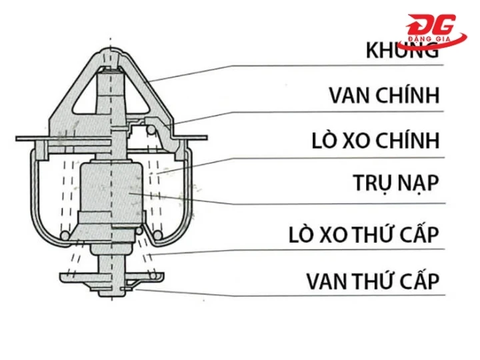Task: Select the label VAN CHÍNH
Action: pos(385,95)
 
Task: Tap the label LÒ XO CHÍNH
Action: pos(375,141)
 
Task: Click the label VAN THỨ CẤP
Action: pos(373,281)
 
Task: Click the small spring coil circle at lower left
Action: pos(64,236)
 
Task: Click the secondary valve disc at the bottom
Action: pos(110,275)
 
